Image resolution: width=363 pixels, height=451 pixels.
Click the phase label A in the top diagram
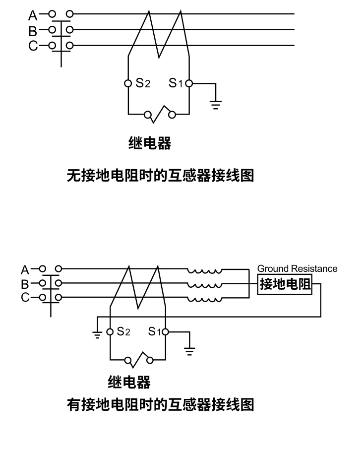click(x=33, y=15)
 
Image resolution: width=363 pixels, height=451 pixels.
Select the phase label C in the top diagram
click(x=33, y=46)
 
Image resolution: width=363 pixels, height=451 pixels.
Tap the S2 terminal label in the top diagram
click(x=143, y=83)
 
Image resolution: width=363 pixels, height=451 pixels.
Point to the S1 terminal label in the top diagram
click(x=176, y=83)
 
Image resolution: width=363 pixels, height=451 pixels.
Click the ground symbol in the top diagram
click(x=216, y=104)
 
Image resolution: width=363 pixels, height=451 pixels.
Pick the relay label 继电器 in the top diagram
click(x=150, y=143)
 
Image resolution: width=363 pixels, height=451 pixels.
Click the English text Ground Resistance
click(x=297, y=268)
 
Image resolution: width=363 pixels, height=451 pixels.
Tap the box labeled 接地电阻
click(x=285, y=285)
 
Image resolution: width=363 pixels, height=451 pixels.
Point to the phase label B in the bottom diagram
click(x=25, y=284)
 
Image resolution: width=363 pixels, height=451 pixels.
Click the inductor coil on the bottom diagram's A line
click(x=204, y=271)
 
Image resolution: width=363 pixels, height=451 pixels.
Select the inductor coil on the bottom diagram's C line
click(x=204, y=299)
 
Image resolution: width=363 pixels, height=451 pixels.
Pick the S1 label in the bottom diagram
click(x=155, y=331)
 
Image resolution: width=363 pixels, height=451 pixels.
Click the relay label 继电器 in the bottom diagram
click(x=129, y=382)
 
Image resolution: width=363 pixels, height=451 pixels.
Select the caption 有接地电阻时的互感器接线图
click(x=160, y=405)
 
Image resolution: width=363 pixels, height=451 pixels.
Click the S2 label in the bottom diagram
click(x=123, y=331)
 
